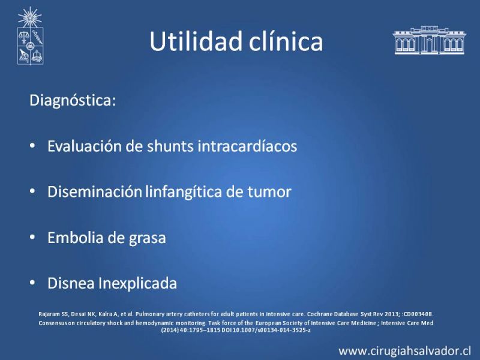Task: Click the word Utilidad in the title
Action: (x=197, y=41)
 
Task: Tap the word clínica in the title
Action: (x=286, y=41)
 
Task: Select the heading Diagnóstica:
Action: (x=73, y=101)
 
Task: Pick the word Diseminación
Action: (x=95, y=191)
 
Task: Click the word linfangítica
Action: (x=184, y=192)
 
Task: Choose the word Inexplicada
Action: (x=137, y=283)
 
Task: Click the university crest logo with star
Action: (x=30, y=36)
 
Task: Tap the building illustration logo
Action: (x=429, y=40)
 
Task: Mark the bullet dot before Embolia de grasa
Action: (x=32, y=238)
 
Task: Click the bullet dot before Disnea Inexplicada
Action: (x=32, y=283)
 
